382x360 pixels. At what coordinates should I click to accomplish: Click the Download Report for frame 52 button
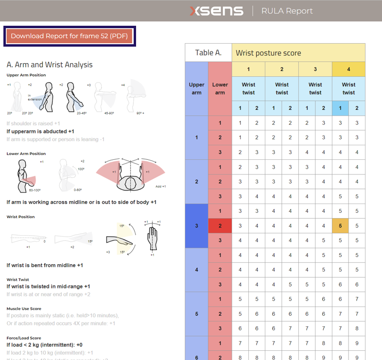coord(69,36)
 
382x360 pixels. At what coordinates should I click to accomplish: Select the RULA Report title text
coord(287,11)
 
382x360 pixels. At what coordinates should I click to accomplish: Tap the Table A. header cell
coord(208,52)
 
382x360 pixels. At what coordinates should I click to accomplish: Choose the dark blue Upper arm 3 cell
coord(196,226)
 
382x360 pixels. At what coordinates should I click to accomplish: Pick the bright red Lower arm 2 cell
coord(220,226)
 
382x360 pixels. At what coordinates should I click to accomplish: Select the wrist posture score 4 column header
coord(348,69)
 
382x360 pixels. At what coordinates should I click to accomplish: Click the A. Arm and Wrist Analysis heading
coord(50,65)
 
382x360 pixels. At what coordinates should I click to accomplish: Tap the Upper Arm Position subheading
coord(26,75)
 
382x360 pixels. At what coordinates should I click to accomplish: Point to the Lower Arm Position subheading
coord(26,154)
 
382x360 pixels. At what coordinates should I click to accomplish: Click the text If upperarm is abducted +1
coord(40,131)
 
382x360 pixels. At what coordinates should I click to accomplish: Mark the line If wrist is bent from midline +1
coord(45,265)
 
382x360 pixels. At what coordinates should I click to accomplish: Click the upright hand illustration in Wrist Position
coord(152,238)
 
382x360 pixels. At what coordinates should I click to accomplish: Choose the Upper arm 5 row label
coord(196,314)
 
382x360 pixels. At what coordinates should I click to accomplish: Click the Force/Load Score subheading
coord(24,338)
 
